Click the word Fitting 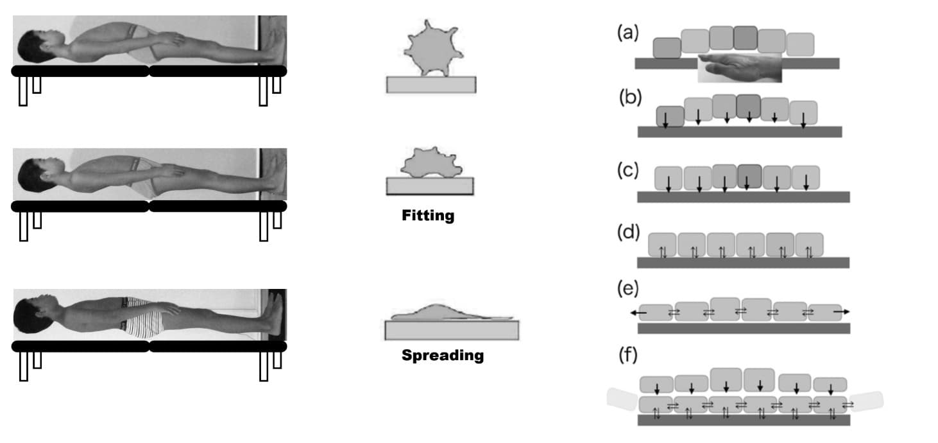pos(427,216)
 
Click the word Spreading pos(442,355)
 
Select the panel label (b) pos(630,98)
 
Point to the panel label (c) pos(628,171)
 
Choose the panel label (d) pos(628,232)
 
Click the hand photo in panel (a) pos(740,67)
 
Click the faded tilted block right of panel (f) pos(866,401)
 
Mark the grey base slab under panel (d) pos(743,263)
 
